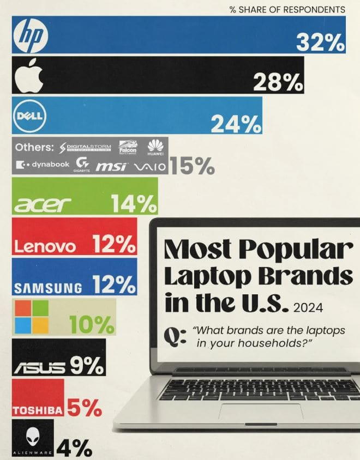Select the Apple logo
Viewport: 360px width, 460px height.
[29, 76]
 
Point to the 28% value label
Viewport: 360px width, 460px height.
[278, 83]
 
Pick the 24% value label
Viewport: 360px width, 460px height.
[236, 124]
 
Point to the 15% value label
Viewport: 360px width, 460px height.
[192, 167]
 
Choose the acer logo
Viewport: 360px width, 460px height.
[42, 205]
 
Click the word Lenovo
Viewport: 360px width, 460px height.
[45, 247]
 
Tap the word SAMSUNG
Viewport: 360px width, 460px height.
[49, 287]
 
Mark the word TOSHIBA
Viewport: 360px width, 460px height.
[38, 410]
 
